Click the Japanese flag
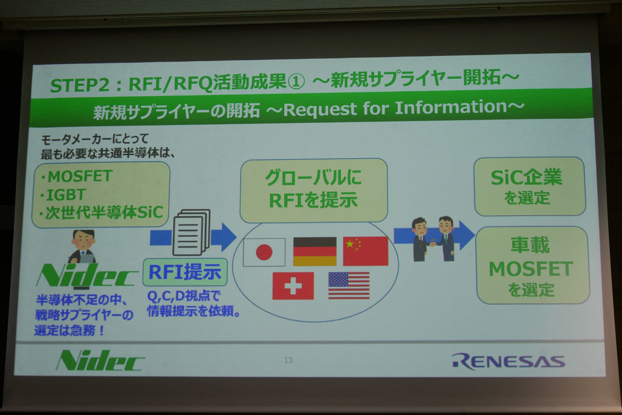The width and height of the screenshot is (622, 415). click(x=264, y=252)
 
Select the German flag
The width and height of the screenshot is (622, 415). click(x=315, y=251)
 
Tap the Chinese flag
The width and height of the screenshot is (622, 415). click(x=365, y=251)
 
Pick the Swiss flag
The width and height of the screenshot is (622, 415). click(x=293, y=285)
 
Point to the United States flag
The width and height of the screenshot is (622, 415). click(x=349, y=285)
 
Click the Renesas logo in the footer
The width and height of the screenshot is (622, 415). click(x=508, y=361)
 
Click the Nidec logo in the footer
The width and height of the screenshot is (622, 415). click(x=100, y=360)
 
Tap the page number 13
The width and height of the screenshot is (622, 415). click(x=288, y=360)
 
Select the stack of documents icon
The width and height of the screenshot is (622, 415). click(x=191, y=232)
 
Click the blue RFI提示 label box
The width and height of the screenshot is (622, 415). click(x=185, y=272)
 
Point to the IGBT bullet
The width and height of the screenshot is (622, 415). click(x=63, y=195)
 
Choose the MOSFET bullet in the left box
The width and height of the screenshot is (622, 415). click(x=77, y=176)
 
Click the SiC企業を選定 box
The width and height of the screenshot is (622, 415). click(x=530, y=187)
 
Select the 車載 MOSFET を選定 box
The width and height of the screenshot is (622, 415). click(x=532, y=265)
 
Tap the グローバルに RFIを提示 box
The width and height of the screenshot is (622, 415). click(x=314, y=191)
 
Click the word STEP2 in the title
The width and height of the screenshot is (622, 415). click(x=80, y=85)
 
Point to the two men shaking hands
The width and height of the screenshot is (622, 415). click(x=433, y=239)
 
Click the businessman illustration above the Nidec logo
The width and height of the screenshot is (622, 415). click(x=82, y=247)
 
